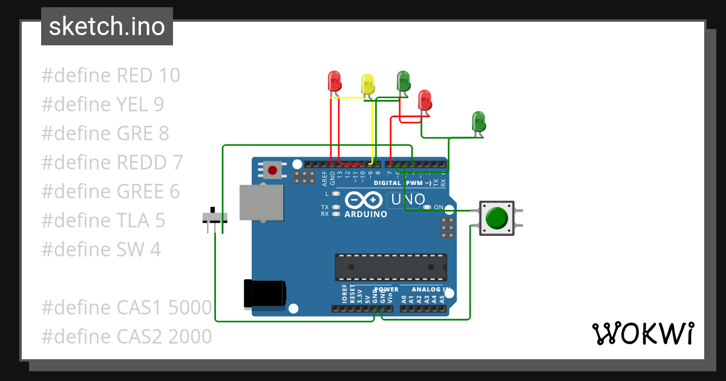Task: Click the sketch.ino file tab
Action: click(x=107, y=27)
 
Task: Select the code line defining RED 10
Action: click(x=111, y=76)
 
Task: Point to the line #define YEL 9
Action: click(x=102, y=105)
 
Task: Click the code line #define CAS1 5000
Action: click(x=126, y=308)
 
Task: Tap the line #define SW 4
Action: click(x=101, y=249)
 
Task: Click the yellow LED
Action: click(x=367, y=84)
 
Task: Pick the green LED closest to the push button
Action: click(x=479, y=121)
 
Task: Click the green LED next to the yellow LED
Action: click(x=403, y=81)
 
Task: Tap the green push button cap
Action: click(x=497, y=218)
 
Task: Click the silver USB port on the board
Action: click(x=261, y=203)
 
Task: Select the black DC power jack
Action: click(x=264, y=294)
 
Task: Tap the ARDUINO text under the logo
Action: click(x=365, y=214)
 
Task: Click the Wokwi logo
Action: click(x=642, y=333)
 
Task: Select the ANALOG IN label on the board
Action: click(x=423, y=290)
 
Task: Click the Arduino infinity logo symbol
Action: click(x=364, y=200)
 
